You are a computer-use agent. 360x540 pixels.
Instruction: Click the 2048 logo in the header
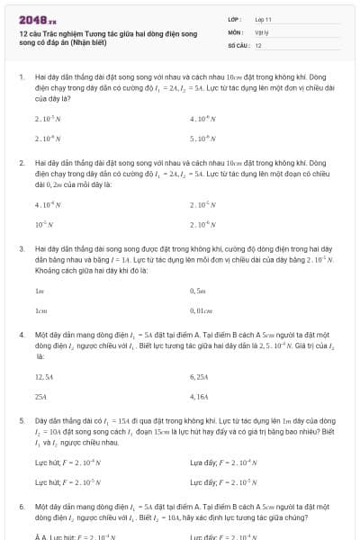pos(37,18)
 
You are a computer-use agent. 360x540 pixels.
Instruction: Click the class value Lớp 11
pos(264,18)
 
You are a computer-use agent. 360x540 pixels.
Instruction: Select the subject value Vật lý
pos(263,31)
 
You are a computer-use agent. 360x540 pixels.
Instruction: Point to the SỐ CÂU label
pos(238,45)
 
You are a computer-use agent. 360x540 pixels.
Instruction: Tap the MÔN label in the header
pos(234,31)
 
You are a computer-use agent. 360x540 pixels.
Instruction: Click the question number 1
pos(21,78)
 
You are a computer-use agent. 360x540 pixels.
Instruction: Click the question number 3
pos(21,247)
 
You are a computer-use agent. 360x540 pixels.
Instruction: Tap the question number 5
pos(21,419)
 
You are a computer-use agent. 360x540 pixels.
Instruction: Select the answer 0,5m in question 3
pos(199,291)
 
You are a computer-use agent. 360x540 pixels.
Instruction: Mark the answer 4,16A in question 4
pos(200,396)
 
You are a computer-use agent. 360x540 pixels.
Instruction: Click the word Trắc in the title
pos(51,32)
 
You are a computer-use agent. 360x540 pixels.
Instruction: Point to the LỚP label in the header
pos(234,18)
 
